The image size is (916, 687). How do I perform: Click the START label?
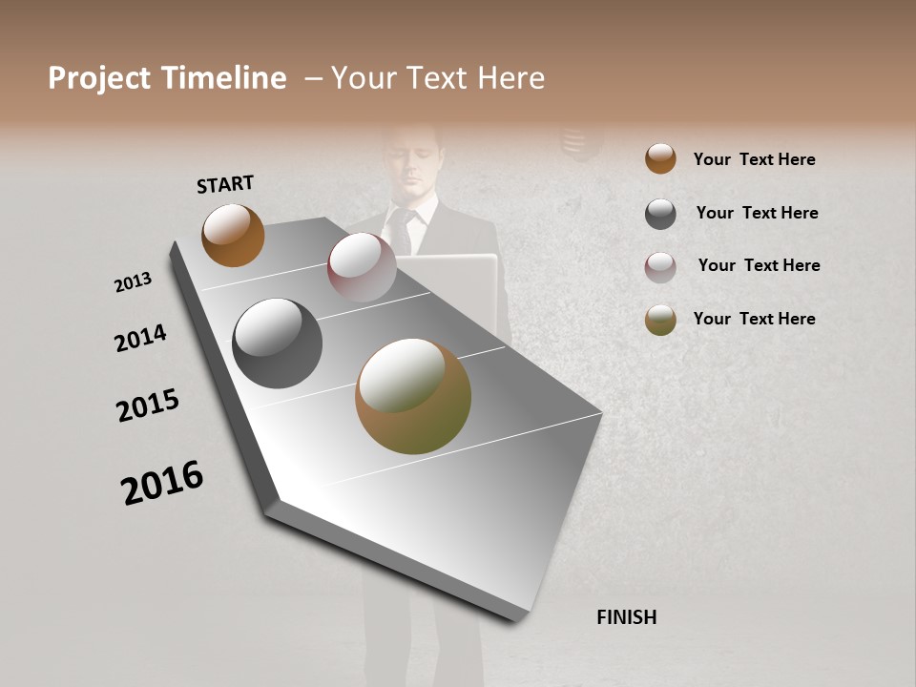[x=225, y=183]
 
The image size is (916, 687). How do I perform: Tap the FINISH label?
[x=626, y=617]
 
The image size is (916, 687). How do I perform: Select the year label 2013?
[x=133, y=282]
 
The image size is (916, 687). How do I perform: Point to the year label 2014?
[x=140, y=338]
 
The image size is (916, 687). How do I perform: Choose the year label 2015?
[x=148, y=406]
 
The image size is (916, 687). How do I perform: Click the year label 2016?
[x=162, y=483]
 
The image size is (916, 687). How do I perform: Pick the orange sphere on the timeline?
[x=233, y=235]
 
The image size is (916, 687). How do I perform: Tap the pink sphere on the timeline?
[x=362, y=266]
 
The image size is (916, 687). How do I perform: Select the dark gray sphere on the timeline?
[x=277, y=343]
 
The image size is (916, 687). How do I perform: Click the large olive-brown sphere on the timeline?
[x=413, y=396]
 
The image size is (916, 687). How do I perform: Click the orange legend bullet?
[x=660, y=158]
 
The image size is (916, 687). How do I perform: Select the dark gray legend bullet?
[x=660, y=214]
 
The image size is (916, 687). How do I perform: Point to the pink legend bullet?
[x=660, y=267]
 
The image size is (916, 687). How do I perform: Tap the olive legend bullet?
[x=660, y=320]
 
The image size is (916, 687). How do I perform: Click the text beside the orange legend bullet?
[x=754, y=159]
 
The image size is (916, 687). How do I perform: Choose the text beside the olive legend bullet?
[x=754, y=319]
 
